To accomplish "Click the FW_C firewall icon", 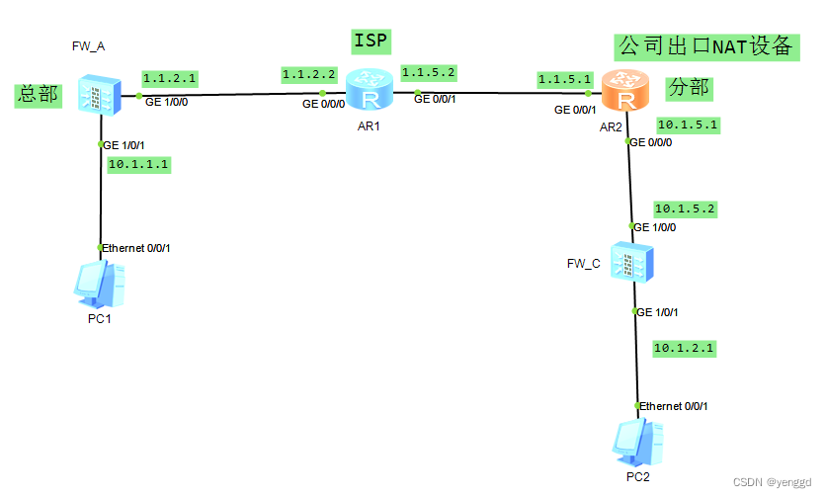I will tap(631, 264).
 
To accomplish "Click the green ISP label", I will tap(372, 41).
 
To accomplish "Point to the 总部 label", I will tap(38, 96).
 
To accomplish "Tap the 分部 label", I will tap(688, 87).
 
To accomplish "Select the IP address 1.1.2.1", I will tap(170, 77).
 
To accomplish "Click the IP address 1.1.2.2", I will tap(309, 74).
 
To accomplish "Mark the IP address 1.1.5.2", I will tap(429, 74).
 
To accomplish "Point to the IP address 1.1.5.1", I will tap(564, 78).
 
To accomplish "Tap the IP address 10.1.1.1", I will tap(138, 164).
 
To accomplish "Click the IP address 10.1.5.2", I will tap(684, 208).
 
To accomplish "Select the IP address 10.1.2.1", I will tap(684, 348).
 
